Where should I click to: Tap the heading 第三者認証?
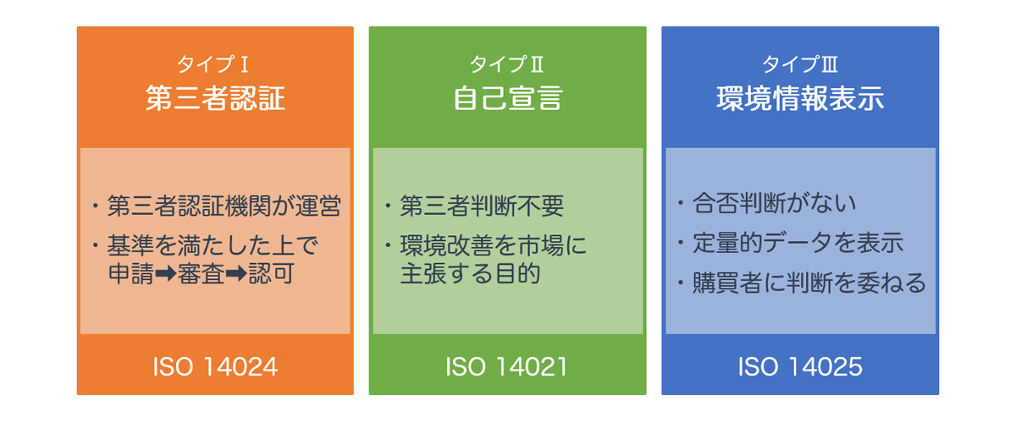point(214,99)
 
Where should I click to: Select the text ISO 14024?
point(215,367)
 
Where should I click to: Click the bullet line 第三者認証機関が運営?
point(224,206)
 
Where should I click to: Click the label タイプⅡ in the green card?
point(506,64)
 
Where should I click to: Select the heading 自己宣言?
point(506,99)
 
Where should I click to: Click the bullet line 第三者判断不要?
point(481,206)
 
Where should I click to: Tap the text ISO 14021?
point(506,367)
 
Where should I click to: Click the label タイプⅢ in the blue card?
point(799,64)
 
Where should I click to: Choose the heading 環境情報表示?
point(799,99)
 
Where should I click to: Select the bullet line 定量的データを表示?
point(798,244)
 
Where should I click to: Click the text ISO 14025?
point(799,367)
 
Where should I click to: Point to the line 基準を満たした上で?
point(212,246)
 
